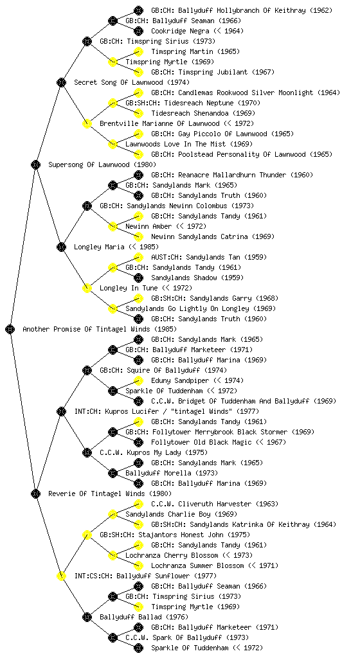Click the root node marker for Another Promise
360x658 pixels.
pyautogui.click(x=10, y=329)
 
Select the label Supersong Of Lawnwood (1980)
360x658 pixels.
pyautogui.click(x=102, y=164)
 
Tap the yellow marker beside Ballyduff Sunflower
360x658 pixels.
pyautogui.click(x=61, y=576)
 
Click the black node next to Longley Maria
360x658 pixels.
pyautogui.click(x=61, y=247)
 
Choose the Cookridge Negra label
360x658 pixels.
pyautogui.click(x=180, y=31)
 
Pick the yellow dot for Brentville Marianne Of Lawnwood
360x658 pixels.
pyautogui.click(x=87, y=123)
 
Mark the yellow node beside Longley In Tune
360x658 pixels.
pyautogui.click(x=87, y=288)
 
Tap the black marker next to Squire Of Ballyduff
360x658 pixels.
pyautogui.click(x=87, y=370)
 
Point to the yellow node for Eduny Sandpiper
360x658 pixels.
pyautogui.click(x=138, y=380)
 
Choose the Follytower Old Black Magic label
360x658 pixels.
pyautogui.click(x=201, y=442)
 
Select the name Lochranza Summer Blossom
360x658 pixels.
pyautogui.click(x=197, y=565)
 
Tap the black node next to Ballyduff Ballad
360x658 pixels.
pyautogui.click(x=87, y=617)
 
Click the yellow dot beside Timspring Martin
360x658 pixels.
pyautogui.click(x=138, y=51)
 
